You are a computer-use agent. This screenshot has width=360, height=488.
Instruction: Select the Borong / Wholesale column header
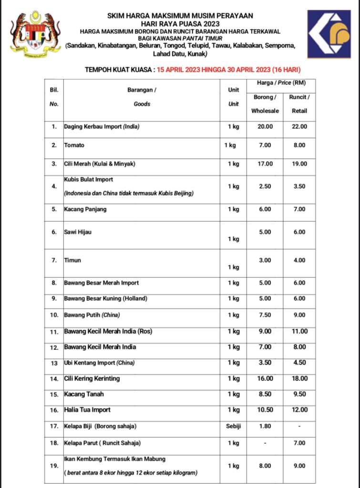pos(265,104)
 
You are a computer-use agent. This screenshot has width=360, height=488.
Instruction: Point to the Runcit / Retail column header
pos(299,104)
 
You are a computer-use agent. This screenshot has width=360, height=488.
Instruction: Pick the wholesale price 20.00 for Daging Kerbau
pos(265,127)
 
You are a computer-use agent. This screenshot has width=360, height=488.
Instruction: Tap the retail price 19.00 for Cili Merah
pos(299,164)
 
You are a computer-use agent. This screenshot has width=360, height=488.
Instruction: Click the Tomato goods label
pos(74,145)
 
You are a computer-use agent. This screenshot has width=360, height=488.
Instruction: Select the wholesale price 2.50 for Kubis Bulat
pos(265,186)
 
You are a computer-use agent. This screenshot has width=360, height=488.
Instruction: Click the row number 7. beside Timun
pos(54,260)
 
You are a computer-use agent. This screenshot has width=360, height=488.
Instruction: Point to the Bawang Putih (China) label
pos(92,315)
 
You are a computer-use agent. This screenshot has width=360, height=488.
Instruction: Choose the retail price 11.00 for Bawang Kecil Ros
pos(299,331)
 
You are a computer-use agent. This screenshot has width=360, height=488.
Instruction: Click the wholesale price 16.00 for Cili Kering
pos(265,378)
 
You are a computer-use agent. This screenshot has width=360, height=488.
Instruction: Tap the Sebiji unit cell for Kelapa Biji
pos(233,427)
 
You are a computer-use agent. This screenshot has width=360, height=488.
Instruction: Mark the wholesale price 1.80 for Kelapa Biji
pos(265,427)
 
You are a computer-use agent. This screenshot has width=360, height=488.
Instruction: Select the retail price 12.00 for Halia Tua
pos(299,410)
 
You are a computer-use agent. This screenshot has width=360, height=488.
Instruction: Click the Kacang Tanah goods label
pos(84,394)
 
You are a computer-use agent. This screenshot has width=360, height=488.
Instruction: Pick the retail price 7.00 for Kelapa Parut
pos(299,443)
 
